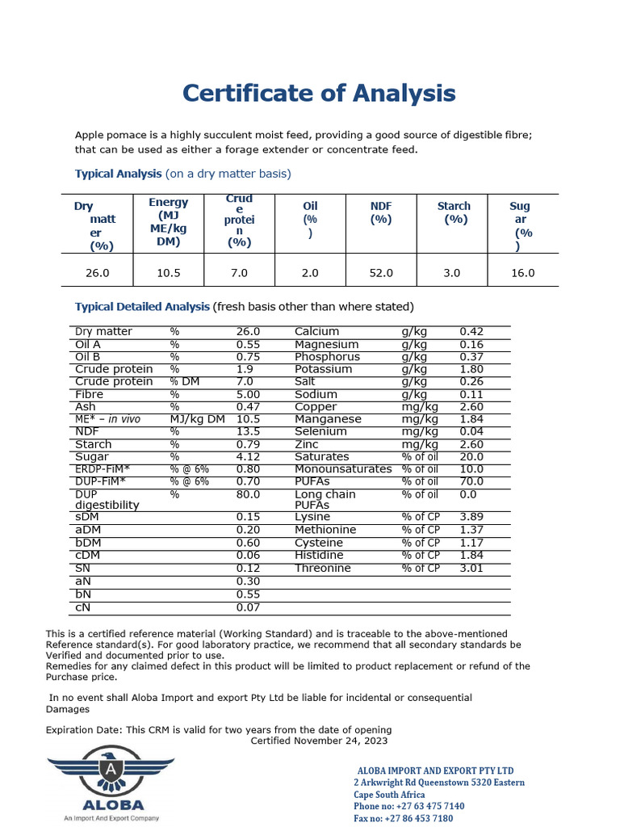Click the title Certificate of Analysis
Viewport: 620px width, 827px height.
pyautogui.click(x=319, y=94)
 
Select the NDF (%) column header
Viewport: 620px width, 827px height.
pyautogui.click(x=380, y=212)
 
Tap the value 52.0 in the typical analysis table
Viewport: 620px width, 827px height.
pyautogui.click(x=380, y=273)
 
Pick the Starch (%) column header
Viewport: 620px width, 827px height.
pyautogui.click(x=454, y=212)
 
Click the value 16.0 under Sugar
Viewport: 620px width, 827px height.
pyautogui.click(x=522, y=273)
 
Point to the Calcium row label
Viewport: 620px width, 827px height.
pyautogui.click(x=316, y=332)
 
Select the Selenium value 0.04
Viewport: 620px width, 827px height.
pyautogui.click(x=471, y=432)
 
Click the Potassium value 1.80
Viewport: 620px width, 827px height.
pyautogui.click(x=471, y=369)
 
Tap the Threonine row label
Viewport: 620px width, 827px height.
pyautogui.click(x=323, y=569)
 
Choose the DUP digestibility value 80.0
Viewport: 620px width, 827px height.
pyautogui.click(x=248, y=494)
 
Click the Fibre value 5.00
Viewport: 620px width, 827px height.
pyautogui.click(x=248, y=394)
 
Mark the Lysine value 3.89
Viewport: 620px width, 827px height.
pyautogui.click(x=471, y=516)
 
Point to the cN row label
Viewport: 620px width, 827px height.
pyautogui.click(x=82, y=607)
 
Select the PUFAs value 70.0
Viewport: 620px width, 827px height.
pyautogui.click(x=471, y=481)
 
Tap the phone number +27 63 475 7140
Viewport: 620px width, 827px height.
pyautogui.click(x=408, y=806)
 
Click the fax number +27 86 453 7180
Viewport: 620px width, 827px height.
pyautogui.click(x=403, y=818)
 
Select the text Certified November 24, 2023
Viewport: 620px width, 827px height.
pyautogui.click(x=319, y=741)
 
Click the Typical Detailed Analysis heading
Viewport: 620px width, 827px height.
pyautogui.click(x=142, y=307)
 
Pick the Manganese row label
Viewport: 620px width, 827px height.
pyautogui.click(x=328, y=419)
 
